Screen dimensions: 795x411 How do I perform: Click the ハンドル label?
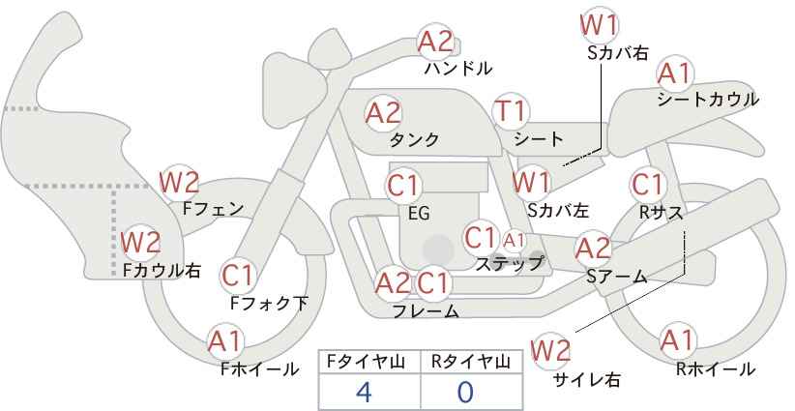pos(457,69)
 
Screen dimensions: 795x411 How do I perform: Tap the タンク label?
pos(414,140)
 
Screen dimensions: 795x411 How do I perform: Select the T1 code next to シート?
pos(511,111)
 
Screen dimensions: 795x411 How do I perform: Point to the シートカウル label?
pos(708,100)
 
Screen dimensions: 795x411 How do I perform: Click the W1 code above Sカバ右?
pos(599,25)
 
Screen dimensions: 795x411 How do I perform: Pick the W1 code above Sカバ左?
pos(531,182)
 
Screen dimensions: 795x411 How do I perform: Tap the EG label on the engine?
pos(419,214)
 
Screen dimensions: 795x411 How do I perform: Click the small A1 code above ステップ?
pos(515,240)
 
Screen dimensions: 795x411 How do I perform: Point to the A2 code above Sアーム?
pos(593,250)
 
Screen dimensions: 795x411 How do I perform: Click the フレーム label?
pos(426,311)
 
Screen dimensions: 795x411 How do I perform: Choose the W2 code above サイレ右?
pos(550,351)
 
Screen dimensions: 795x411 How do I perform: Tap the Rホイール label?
pos(716,369)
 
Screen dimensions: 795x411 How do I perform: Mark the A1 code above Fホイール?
pos(224,342)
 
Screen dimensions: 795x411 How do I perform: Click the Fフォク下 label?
pos(269,303)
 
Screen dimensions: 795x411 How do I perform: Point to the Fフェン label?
pos(213,209)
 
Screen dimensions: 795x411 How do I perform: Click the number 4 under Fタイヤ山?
pos(364,393)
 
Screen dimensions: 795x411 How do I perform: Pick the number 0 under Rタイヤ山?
pos(465,393)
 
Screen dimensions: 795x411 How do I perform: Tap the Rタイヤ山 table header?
pos(471,362)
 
